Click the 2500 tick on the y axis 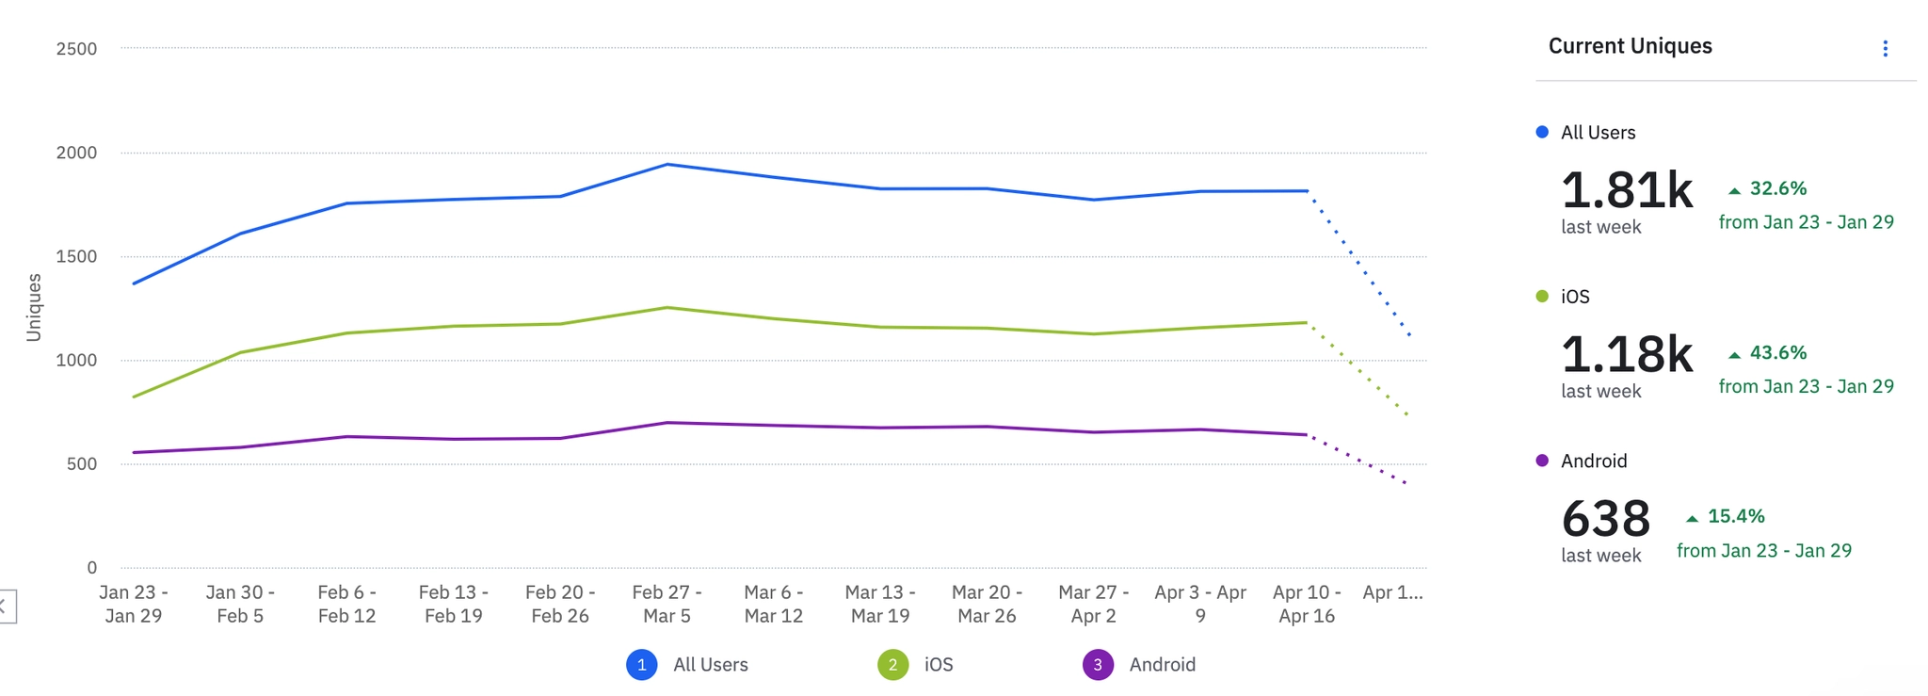pyautogui.click(x=76, y=49)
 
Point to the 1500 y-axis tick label pyautogui.click(x=76, y=256)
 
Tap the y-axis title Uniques pyautogui.click(x=34, y=307)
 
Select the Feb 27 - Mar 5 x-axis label pyautogui.click(x=667, y=604)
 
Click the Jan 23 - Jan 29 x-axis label pyautogui.click(x=134, y=604)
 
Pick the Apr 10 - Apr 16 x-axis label pyautogui.click(x=1307, y=604)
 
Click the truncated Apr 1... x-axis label pyautogui.click(x=1392, y=592)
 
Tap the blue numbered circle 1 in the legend pyautogui.click(x=641, y=665)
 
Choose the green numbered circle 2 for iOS pyautogui.click(x=892, y=665)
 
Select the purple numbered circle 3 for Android pyautogui.click(x=1098, y=665)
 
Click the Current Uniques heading pyautogui.click(x=1630, y=46)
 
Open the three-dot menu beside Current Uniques pyautogui.click(x=1885, y=49)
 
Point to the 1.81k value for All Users pyautogui.click(x=1627, y=190)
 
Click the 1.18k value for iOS pyautogui.click(x=1627, y=355)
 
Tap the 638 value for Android pyautogui.click(x=1605, y=519)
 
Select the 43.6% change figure pyautogui.click(x=1777, y=353)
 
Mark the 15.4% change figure pyautogui.click(x=1735, y=517)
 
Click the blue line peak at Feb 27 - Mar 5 pyautogui.click(x=667, y=165)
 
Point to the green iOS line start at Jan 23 pyautogui.click(x=134, y=397)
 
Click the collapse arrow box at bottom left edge pyautogui.click(x=6, y=607)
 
